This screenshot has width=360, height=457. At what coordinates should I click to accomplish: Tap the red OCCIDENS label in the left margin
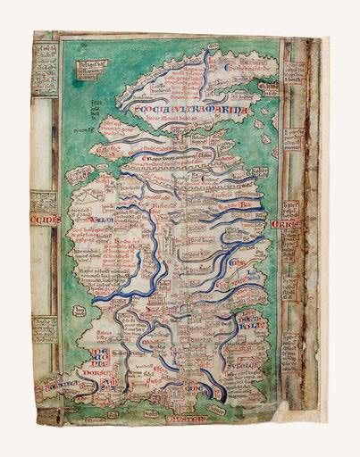pyautogui.click(x=45, y=220)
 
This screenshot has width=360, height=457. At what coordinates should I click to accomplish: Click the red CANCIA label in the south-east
pyautogui.click(x=191, y=391)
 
